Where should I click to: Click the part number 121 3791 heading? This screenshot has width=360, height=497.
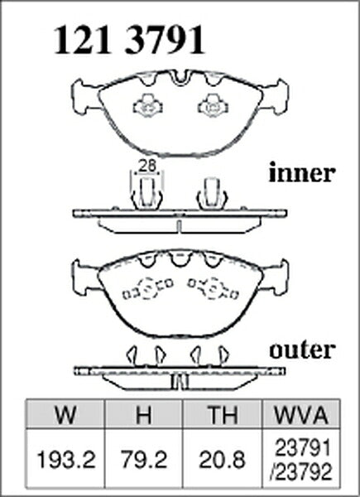[129, 41]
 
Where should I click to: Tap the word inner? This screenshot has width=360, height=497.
[302, 173]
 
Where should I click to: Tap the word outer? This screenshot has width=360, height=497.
[302, 350]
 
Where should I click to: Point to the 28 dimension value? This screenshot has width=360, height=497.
[148, 166]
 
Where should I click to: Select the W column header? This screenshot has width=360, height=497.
[65, 415]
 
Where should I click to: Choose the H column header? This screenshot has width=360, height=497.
[144, 415]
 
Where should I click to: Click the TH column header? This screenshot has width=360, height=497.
[223, 415]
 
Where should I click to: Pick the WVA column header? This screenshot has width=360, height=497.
[301, 415]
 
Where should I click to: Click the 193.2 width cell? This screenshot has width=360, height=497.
[66, 460]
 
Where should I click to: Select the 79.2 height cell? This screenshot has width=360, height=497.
[144, 460]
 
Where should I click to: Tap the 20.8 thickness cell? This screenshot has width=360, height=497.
[223, 460]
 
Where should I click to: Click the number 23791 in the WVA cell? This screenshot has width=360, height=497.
[303, 448]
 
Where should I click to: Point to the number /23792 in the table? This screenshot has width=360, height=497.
[301, 472]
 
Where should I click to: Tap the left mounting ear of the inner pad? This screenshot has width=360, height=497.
[85, 96]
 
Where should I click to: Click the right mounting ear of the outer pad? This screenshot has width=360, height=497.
[275, 277]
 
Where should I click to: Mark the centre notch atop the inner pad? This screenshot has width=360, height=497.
[180, 78]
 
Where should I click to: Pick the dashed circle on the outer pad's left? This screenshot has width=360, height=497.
[147, 287]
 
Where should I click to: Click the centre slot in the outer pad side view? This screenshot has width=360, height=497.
[180, 382]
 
